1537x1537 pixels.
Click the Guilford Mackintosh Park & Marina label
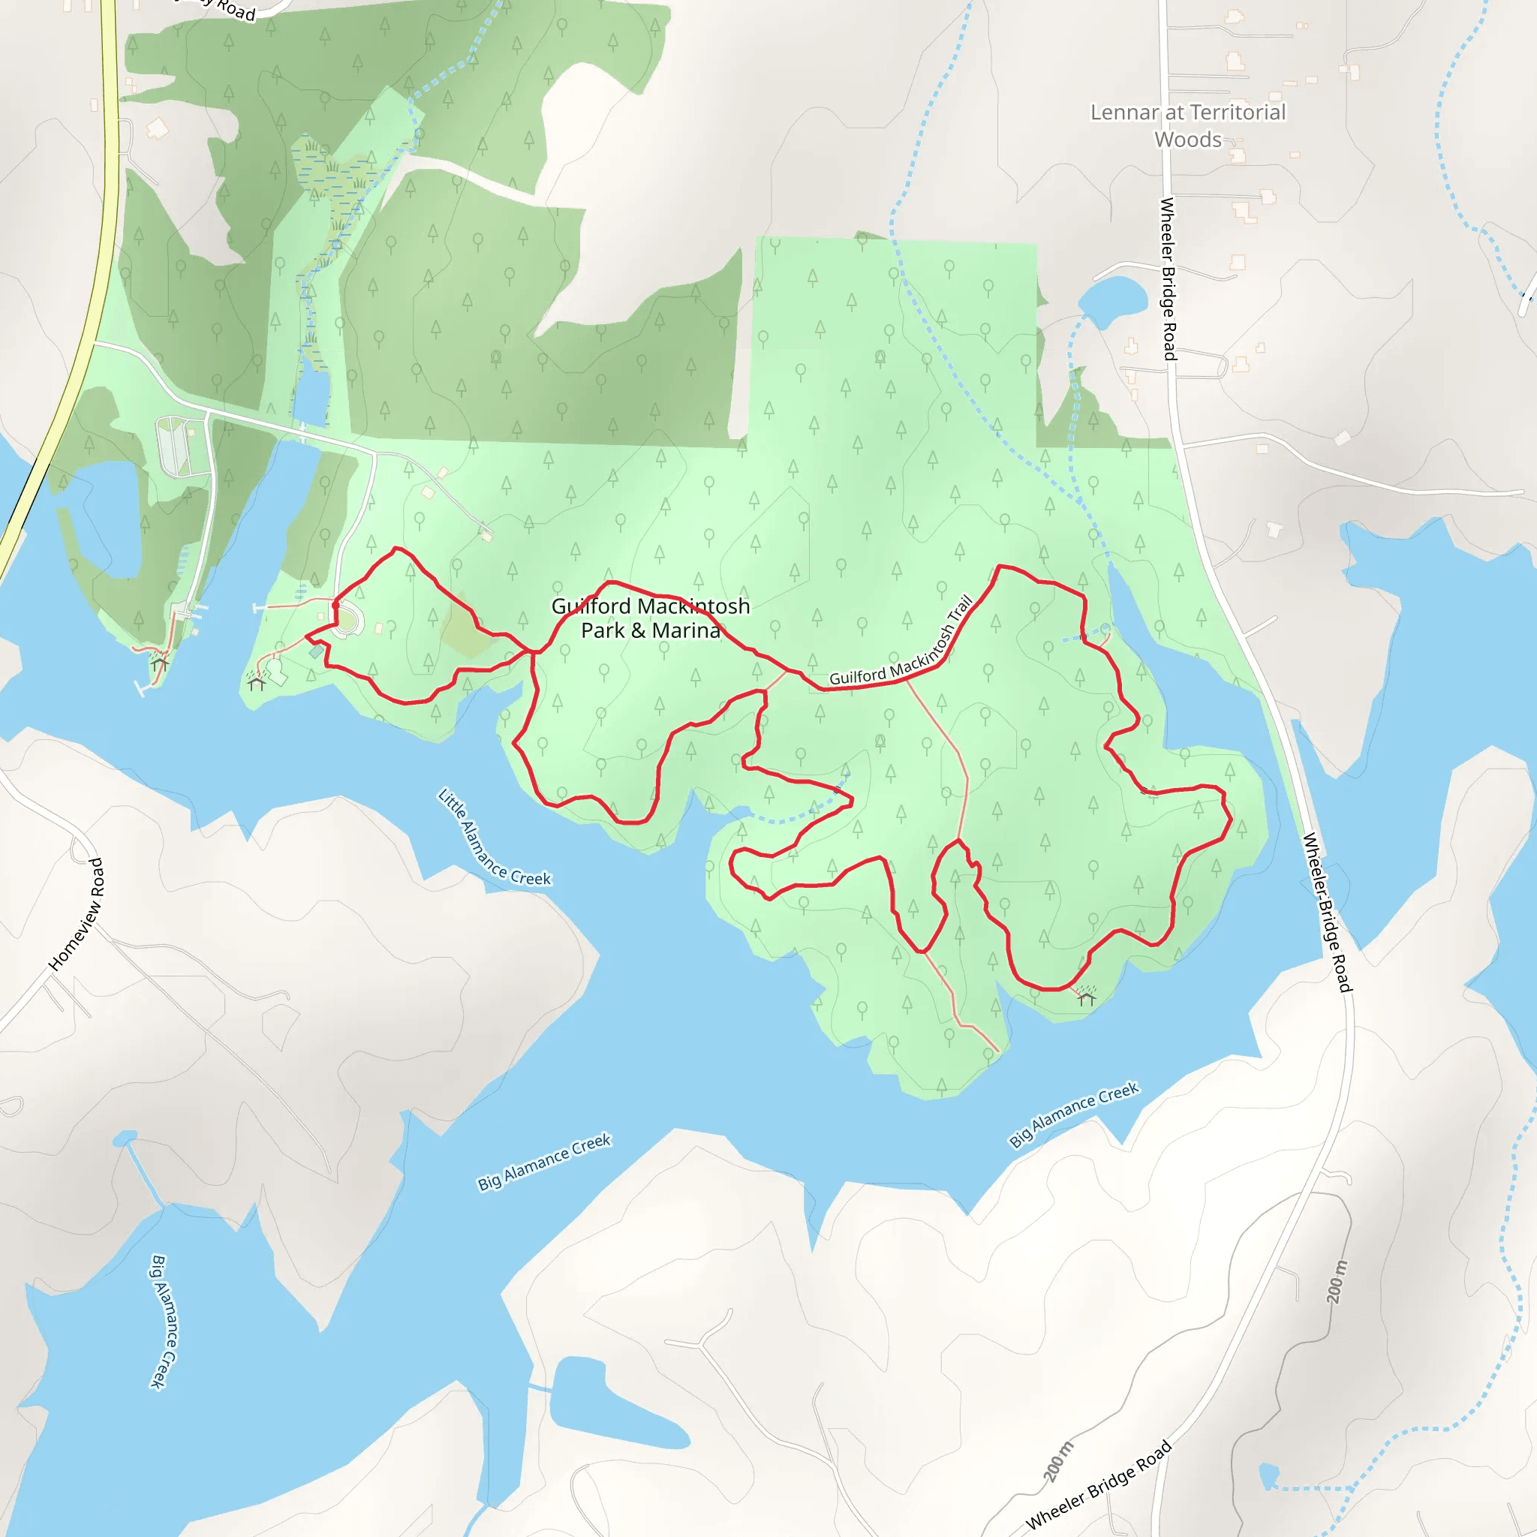pyautogui.click(x=650, y=618)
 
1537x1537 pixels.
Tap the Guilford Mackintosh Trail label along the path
pyautogui.click(x=901, y=644)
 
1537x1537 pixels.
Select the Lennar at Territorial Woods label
pyautogui.click(x=1187, y=125)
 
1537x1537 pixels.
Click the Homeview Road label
pyautogui.click(x=77, y=915)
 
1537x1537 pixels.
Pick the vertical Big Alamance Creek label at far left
pyautogui.click(x=164, y=1322)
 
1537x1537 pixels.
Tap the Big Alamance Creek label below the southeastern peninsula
pyautogui.click(x=1074, y=1114)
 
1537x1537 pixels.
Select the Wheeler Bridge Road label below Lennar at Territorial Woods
pyautogui.click(x=1168, y=278)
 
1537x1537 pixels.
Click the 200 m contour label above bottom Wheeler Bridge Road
pyautogui.click(x=1058, y=1461)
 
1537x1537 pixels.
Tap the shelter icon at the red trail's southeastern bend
pyautogui.click(x=1087, y=997)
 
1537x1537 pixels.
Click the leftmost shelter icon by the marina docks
pyautogui.click(x=160, y=663)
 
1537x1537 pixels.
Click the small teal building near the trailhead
pyautogui.click(x=317, y=652)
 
